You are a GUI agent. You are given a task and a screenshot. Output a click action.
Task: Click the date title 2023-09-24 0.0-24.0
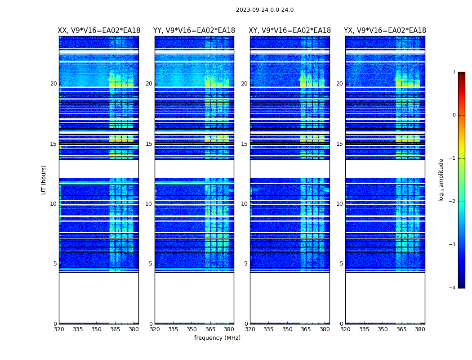pyautogui.click(x=265, y=10)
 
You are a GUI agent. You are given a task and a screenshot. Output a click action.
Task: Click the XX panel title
pyautogui.click(x=99, y=31)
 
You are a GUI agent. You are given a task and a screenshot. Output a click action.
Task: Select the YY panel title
pyautogui.click(x=194, y=31)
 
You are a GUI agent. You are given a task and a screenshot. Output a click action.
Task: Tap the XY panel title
pyautogui.click(x=289, y=31)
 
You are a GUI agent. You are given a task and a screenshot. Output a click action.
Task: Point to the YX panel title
pyautogui.click(x=385, y=31)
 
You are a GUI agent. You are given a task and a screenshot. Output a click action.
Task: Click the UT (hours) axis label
pyautogui.click(x=44, y=180)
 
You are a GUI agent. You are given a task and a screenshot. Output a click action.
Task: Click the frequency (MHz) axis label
pyautogui.click(x=217, y=338)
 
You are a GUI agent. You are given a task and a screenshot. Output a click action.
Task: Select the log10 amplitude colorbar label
pyautogui.click(x=441, y=180)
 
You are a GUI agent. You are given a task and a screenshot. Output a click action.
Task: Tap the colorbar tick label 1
pyautogui.click(x=454, y=72)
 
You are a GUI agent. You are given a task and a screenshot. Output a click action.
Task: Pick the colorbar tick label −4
pyautogui.click(x=453, y=288)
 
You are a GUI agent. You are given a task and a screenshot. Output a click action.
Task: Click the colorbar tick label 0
pyautogui.click(x=454, y=115)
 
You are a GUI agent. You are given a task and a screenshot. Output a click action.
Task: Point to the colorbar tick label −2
pyautogui.click(x=453, y=202)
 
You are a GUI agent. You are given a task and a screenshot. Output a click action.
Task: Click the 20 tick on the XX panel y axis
pyautogui.click(x=53, y=84)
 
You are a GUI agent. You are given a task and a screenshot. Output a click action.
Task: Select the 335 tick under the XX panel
pyautogui.click(x=78, y=329)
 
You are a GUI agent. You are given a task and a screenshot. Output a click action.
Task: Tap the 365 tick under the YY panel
pyautogui.click(x=210, y=329)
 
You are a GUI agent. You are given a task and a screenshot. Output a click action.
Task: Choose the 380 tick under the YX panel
pyautogui.click(x=420, y=329)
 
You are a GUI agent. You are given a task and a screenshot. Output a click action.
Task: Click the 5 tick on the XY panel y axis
pyautogui.click(x=246, y=264)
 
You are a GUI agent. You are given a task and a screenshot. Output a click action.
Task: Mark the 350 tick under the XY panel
pyautogui.click(x=287, y=329)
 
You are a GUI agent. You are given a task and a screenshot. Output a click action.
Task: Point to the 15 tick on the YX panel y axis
pyautogui.click(x=340, y=144)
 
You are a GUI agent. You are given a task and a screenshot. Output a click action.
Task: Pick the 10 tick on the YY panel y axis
pyautogui.click(x=149, y=204)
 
